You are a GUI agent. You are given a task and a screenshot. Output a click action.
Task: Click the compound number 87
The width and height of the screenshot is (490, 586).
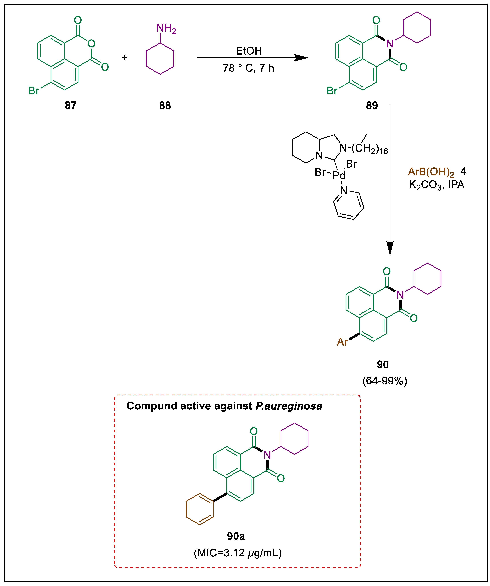71,105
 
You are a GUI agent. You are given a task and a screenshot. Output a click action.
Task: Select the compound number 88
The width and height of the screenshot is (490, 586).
165,105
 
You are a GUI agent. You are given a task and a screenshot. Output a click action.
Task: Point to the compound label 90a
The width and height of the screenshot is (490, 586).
236,536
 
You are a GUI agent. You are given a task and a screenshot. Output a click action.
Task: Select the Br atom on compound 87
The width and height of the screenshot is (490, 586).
34,91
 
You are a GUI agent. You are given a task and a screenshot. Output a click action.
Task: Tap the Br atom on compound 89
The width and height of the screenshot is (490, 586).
332,91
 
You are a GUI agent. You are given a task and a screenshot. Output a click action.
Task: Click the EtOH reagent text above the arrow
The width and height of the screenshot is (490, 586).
249,51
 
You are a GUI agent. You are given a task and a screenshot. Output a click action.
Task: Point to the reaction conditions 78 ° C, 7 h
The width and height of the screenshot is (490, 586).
248,68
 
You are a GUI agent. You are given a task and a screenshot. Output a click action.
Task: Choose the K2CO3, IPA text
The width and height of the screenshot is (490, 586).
436,185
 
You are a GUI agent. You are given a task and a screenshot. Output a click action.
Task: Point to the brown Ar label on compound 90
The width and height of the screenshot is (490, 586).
342,342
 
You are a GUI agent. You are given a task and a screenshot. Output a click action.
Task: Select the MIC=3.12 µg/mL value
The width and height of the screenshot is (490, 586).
238,553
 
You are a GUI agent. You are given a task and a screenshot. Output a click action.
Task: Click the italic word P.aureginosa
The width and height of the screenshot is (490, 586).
289,406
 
